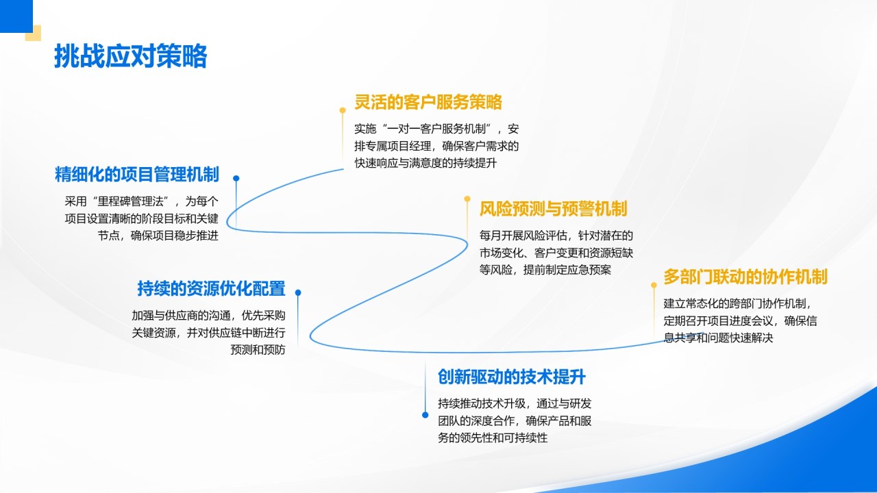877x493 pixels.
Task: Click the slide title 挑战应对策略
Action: coord(130,56)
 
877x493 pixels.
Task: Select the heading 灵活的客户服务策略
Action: coord(428,102)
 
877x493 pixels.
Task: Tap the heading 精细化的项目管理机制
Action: coord(136,175)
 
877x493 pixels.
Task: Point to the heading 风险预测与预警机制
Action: coord(553,209)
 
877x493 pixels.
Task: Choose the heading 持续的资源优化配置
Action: coord(211,289)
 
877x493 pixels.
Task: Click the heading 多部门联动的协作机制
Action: coord(745,277)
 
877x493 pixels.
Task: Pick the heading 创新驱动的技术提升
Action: coord(512,377)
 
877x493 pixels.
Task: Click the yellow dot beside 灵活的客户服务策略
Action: coord(343,110)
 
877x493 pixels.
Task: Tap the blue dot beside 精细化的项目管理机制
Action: coord(236,179)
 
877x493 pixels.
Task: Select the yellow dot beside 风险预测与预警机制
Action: coord(467,199)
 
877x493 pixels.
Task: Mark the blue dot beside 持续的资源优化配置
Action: coord(298,292)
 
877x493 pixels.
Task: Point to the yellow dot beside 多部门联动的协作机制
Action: coord(654,286)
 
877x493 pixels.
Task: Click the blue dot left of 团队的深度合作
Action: coord(425,415)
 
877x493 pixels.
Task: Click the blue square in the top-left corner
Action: coord(16,16)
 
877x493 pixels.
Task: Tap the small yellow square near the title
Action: coord(34,34)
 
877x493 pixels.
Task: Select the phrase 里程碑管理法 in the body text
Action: coord(130,201)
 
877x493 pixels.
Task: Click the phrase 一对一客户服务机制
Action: coord(436,129)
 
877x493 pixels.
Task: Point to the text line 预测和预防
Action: coord(258,349)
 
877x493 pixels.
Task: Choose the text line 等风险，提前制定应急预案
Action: coord(545,270)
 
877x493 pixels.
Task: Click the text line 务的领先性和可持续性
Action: coord(493,438)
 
